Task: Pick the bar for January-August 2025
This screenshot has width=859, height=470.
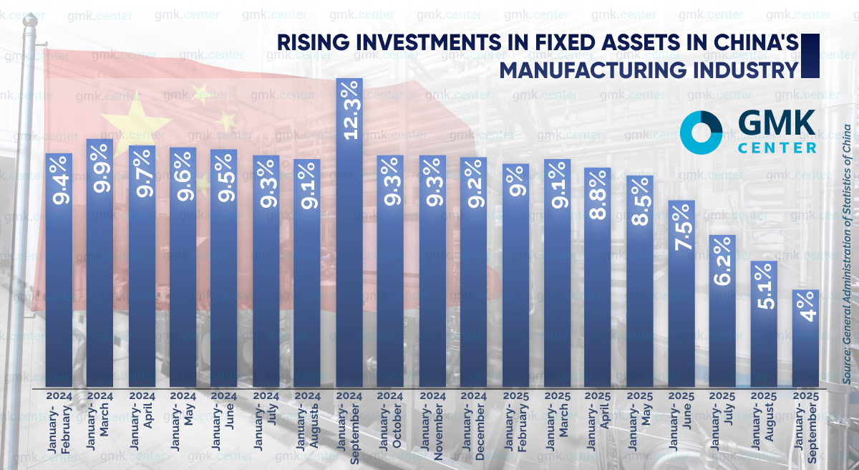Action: click(764, 326)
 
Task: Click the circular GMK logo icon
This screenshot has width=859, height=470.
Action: click(702, 133)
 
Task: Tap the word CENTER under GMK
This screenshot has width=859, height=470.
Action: click(777, 148)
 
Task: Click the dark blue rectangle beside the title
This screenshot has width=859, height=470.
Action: click(810, 55)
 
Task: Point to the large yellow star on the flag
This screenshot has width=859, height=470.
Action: click(125, 118)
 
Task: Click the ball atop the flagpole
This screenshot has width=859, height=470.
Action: click(29, 22)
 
